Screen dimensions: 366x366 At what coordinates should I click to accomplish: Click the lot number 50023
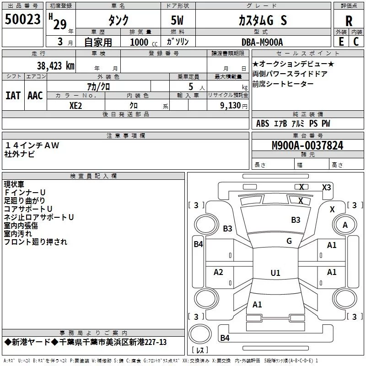tap(22, 19)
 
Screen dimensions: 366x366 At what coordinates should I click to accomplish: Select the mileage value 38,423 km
tap(55, 66)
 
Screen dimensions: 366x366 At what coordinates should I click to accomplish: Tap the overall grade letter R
tap(349, 21)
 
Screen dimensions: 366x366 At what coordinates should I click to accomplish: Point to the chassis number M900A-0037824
tap(307, 145)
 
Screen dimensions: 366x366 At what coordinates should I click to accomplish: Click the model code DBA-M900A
tap(262, 42)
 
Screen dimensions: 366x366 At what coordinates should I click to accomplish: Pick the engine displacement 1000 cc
tap(144, 42)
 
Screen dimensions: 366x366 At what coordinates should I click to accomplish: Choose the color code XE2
tap(75, 106)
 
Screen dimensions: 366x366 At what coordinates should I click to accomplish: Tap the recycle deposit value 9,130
tap(231, 106)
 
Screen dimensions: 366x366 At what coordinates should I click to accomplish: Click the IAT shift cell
tap(13, 96)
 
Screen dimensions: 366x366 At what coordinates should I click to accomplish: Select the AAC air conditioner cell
tap(35, 96)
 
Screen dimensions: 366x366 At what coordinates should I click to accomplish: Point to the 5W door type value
tap(177, 20)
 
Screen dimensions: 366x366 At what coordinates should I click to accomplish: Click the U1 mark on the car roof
tap(275, 273)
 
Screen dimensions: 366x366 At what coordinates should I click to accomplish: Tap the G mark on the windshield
tap(289, 241)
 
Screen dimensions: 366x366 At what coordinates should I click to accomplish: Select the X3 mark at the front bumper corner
tap(326, 187)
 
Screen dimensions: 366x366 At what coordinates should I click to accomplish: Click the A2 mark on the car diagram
tap(218, 272)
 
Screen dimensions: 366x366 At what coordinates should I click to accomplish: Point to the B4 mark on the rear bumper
tap(225, 338)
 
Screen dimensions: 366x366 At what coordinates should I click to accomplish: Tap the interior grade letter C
tap(356, 42)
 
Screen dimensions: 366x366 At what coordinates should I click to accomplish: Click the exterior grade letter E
tap(341, 42)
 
